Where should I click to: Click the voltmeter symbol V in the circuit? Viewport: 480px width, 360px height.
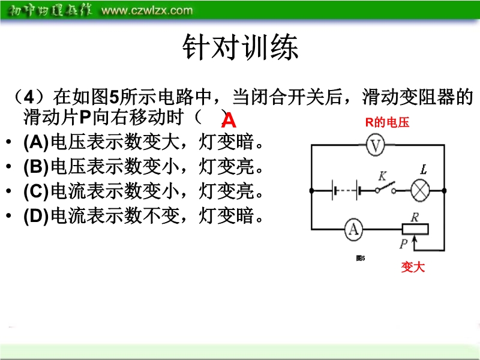point(376,145)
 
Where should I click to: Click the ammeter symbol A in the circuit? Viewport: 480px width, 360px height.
point(353,229)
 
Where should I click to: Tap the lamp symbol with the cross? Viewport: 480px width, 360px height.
point(420,191)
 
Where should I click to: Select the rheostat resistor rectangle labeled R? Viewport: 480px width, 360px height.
point(415,229)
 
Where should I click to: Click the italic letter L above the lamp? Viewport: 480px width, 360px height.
point(424,169)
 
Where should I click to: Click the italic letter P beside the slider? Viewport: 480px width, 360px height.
point(403,244)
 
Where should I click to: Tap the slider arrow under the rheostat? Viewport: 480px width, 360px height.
point(415,242)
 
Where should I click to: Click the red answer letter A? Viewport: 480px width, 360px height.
point(229,121)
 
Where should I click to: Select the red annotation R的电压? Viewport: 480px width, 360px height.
point(387,122)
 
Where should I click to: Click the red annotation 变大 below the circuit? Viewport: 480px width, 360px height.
point(413,267)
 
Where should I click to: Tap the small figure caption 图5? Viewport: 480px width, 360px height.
point(361,259)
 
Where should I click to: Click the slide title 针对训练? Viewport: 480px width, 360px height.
point(241,47)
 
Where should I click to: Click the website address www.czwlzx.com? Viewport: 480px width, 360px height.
point(147,10)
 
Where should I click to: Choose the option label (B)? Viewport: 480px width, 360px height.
point(36,167)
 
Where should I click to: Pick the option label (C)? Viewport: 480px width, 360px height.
point(36,191)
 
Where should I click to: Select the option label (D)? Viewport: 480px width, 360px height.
point(36,216)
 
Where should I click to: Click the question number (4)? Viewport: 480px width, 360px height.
point(29,97)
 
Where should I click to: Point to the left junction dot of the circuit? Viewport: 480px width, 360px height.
point(311,191)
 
